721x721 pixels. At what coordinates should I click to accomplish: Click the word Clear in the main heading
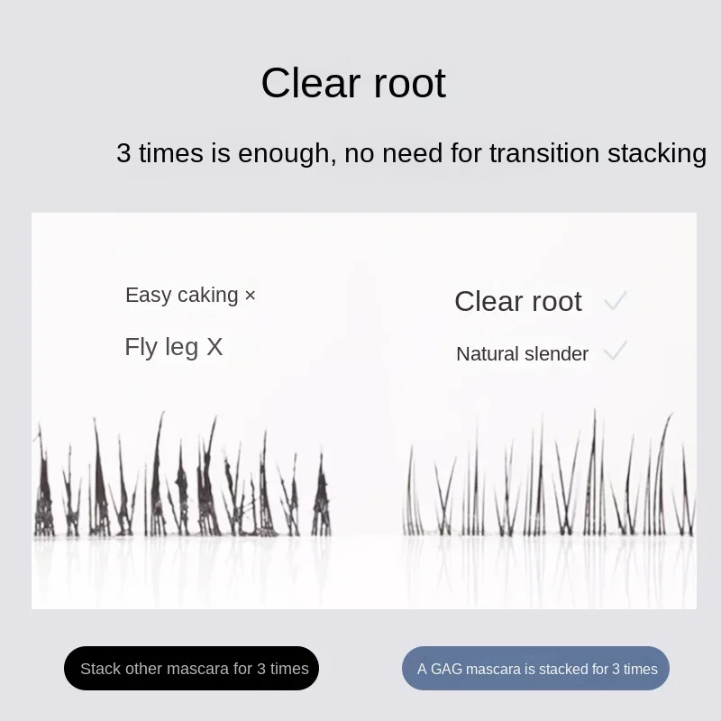(x=310, y=83)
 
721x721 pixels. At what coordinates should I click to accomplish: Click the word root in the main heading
(x=410, y=84)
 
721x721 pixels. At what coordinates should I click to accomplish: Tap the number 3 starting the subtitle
(x=123, y=152)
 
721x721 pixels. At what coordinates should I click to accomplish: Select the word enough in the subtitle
(x=287, y=154)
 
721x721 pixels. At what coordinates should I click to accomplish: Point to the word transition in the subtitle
(x=544, y=152)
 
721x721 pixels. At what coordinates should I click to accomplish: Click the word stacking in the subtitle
(x=657, y=154)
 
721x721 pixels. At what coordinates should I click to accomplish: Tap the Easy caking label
(x=182, y=296)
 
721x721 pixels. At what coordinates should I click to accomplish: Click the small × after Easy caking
(x=251, y=296)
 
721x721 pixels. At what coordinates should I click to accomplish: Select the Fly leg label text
(x=161, y=347)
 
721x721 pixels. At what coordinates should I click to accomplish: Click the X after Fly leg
(x=214, y=347)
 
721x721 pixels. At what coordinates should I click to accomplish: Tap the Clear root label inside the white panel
(x=518, y=302)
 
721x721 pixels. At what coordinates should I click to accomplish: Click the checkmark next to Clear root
(x=616, y=300)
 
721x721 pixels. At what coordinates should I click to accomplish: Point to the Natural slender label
(x=523, y=354)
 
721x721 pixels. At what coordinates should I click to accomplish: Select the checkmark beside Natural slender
(x=616, y=351)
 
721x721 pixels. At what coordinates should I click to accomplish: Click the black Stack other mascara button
(x=191, y=668)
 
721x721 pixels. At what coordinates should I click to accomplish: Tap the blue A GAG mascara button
(x=535, y=668)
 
